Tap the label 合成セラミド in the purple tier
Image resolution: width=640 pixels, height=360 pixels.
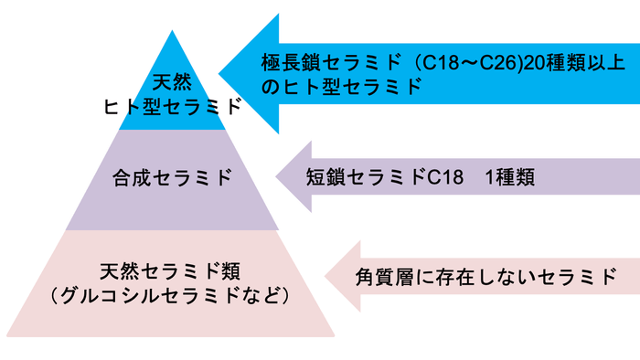tap(173, 177)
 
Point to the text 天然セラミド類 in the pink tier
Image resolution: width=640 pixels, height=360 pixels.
tap(171, 271)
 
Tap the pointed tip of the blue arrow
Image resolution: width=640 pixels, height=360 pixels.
tap(219, 75)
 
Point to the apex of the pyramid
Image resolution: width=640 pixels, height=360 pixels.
tap(172, 31)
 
